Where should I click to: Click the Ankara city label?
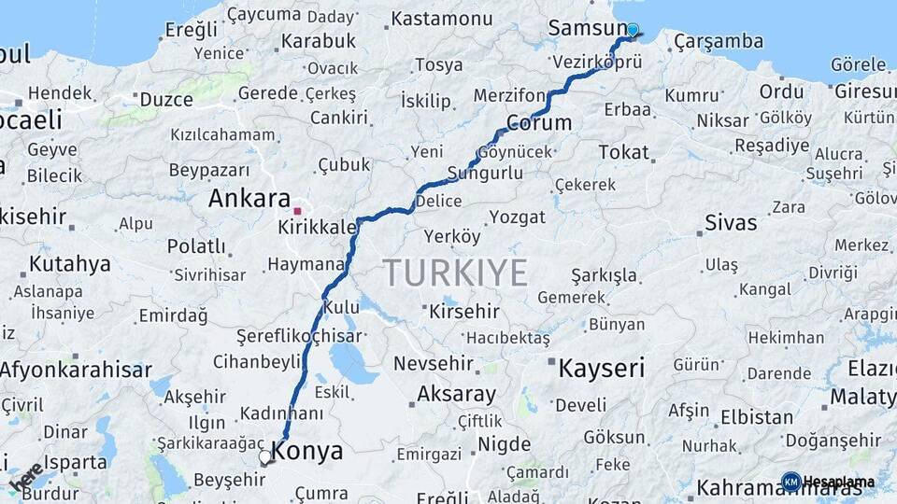pos(249,198)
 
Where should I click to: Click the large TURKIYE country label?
pos(455,273)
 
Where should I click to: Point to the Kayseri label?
pos(601,368)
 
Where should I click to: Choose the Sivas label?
pos(731,222)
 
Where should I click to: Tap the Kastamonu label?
pos(442,19)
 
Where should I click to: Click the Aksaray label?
pos(456,394)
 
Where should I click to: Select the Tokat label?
pos(623,151)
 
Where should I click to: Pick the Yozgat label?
pos(517,217)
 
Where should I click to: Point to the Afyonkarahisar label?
pos(75,370)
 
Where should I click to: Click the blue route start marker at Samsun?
pos(633,30)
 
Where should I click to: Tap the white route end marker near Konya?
pos(265,458)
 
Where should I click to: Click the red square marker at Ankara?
pos(297,211)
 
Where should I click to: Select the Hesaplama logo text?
pos(838,482)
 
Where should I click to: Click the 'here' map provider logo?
pos(25,477)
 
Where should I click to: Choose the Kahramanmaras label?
pos(794,487)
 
